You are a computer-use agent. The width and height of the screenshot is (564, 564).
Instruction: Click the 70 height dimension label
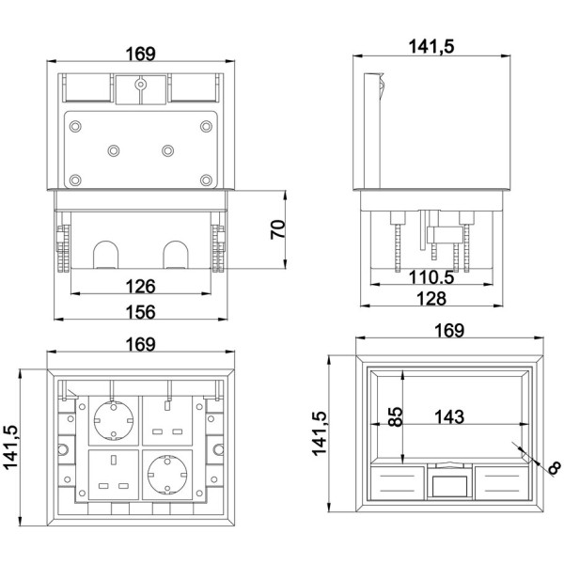278,229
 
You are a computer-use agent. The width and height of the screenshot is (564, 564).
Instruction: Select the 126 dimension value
141,287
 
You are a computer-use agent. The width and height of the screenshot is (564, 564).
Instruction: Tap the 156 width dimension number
141,312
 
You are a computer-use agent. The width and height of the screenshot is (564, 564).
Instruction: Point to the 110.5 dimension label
431,277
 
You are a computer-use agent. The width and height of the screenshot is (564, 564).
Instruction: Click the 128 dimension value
431,299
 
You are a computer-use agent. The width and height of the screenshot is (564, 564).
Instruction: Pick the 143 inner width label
449,417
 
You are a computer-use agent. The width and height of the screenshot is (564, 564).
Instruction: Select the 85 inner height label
397,416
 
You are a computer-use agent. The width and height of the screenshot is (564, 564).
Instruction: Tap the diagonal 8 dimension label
555,467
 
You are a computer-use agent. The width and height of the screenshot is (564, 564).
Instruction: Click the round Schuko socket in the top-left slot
114,420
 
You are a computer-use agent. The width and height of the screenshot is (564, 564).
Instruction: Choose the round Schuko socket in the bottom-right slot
167,474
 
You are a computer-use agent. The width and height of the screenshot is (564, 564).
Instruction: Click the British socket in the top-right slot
167,420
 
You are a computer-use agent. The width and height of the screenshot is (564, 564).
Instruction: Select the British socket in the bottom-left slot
114,475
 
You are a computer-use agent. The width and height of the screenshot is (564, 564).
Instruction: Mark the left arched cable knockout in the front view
105,255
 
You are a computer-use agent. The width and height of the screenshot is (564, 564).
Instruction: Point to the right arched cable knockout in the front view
176,255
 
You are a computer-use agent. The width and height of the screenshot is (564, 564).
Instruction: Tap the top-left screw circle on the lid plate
75,126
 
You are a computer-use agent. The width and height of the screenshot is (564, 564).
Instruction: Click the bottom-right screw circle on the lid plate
206,180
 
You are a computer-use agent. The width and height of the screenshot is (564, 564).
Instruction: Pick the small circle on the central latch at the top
140,85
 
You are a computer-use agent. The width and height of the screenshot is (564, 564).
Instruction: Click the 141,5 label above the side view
431,47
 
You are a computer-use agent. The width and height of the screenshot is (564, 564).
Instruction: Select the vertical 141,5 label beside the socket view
10,447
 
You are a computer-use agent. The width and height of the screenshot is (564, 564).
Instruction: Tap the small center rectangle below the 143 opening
449,486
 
